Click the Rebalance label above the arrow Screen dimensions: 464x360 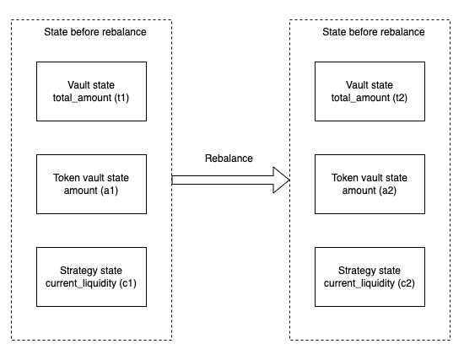coord(229,159)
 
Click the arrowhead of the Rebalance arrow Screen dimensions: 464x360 coord(281,180)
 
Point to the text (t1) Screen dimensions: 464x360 coord(121,98)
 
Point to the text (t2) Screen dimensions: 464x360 coord(400,98)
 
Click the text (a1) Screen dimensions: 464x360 coord(110,191)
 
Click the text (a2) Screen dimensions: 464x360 coord(388,191)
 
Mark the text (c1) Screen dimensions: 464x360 coord(128,283)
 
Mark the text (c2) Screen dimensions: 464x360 coord(407,283)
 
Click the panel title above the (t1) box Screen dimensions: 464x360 coord(95,32)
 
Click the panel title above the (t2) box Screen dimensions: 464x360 coord(374,32)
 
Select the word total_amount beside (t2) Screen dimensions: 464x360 coord(360,98)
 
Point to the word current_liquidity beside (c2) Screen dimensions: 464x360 coord(359,283)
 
